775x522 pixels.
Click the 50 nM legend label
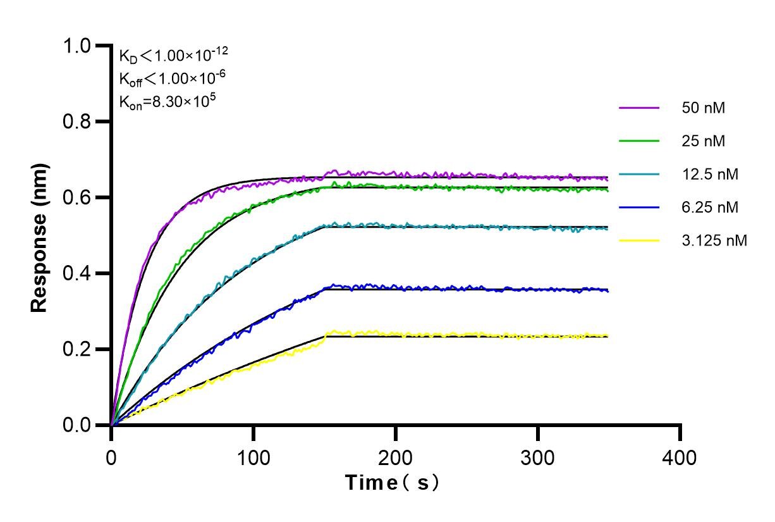(x=703, y=108)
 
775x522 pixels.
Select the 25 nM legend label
(x=703, y=141)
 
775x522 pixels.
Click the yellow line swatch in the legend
(x=639, y=240)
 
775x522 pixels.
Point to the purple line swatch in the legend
(x=639, y=108)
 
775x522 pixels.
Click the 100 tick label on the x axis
(x=253, y=457)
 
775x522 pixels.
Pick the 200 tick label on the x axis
(x=396, y=457)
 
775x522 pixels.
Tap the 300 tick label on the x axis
(x=538, y=457)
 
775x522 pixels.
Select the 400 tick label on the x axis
(x=680, y=457)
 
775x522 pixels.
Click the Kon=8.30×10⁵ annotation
(x=164, y=101)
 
